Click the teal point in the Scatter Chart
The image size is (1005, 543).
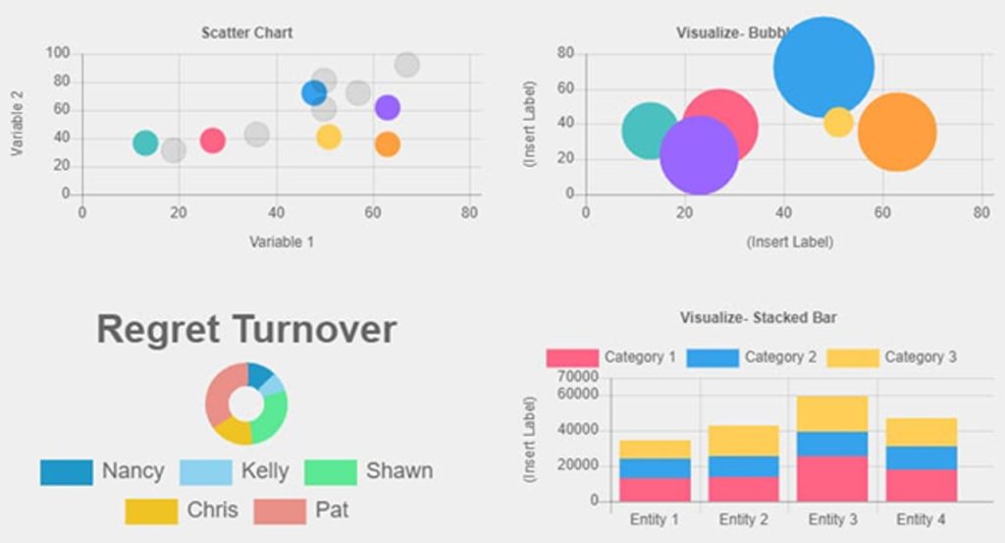(x=145, y=142)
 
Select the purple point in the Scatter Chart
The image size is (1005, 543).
(x=388, y=108)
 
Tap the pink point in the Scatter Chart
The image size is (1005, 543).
(x=213, y=140)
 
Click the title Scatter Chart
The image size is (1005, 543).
(x=247, y=32)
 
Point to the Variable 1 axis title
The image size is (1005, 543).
(x=282, y=242)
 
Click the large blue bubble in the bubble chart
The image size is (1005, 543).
(x=823, y=68)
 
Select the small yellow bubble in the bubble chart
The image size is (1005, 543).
(x=838, y=122)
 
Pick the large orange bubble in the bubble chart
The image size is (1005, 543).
(x=897, y=132)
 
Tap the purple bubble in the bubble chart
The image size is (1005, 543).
(x=699, y=155)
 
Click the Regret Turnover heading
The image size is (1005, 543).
(x=246, y=330)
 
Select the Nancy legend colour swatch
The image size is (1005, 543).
(x=67, y=472)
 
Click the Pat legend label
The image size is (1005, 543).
(x=332, y=511)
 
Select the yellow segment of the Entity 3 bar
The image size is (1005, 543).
(x=831, y=413)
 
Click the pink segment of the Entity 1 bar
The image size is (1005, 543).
(x=655, y=489)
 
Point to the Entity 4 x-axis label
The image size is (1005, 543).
(x=921, y=519)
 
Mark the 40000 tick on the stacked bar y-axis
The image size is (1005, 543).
(x=578, y=430)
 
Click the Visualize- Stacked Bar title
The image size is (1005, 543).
(x=758, y=318)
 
